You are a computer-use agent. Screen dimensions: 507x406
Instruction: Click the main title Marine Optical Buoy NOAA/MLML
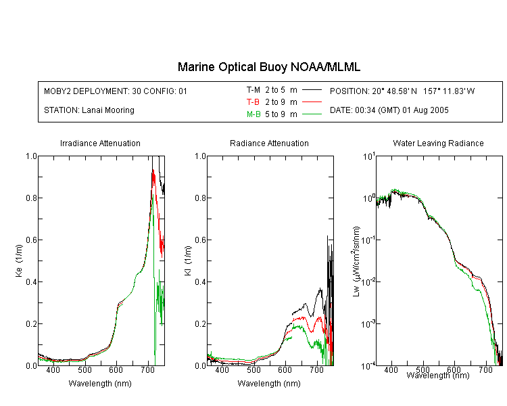268,67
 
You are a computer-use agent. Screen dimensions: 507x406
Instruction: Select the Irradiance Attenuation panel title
100,143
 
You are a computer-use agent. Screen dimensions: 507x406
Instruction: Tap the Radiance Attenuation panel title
269,143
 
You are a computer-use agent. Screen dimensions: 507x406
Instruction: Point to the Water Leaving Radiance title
438,143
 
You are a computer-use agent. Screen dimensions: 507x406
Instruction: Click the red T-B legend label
253,102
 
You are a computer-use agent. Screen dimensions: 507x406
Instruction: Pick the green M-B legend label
254,114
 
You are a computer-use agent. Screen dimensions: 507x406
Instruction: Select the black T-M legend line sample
312,90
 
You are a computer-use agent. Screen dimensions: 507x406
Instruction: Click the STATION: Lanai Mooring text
89,110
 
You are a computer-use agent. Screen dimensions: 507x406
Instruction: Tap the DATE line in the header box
389,110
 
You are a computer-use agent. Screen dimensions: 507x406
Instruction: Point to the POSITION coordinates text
402,91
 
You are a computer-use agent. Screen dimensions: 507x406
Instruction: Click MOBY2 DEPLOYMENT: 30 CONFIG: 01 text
116,91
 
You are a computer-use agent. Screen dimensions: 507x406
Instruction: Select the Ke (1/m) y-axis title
19,261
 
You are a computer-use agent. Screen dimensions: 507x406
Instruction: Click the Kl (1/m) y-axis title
188,261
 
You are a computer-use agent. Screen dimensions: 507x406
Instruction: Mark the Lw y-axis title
356,261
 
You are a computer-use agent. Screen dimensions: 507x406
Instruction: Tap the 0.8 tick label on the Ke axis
31,198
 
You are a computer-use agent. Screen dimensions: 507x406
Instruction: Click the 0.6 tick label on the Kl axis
201,240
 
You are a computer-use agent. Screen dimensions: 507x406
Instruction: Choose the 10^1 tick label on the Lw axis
369,156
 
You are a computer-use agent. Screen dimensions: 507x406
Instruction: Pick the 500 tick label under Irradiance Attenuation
84,369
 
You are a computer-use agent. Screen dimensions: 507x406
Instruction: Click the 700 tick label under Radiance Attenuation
317,369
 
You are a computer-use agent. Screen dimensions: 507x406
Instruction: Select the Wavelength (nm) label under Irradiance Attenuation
100,384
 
